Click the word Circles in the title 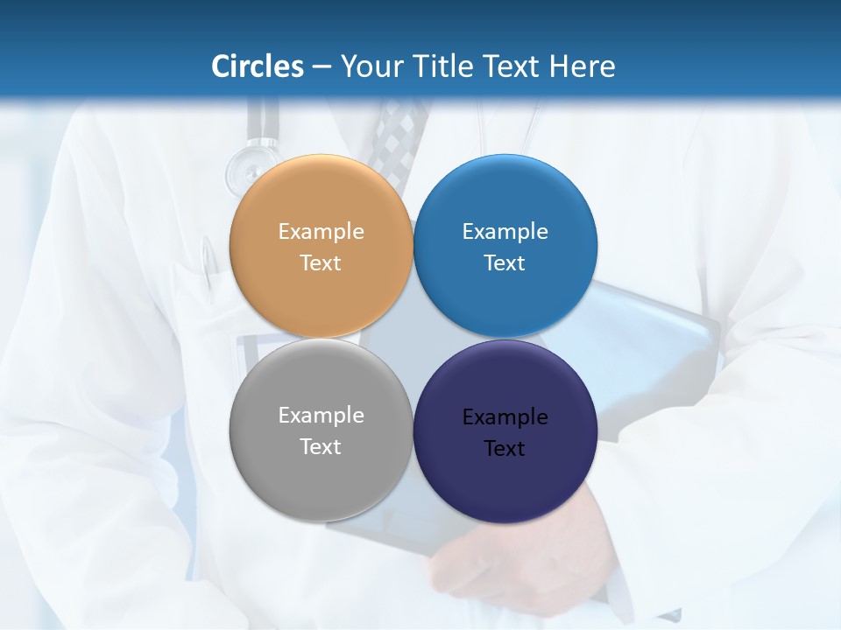pyautogui.click(x=258, y=66)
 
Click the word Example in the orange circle pyautogui.click(x=321, y=232)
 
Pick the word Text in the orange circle pyautogui.click(x=321, y=263)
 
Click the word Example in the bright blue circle pyautogui.click(x=505, y=232)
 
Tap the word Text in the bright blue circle pyautogui.click(x=505, y=263)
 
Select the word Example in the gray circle pyautogui.click(x=321, y=416)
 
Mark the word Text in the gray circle pyautogui.click(x=321, y=447)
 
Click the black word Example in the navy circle pyautogui.click(x=505, y=417)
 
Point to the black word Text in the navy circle pyautogui.click(x=505, y=449)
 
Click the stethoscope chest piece pyautogui.click(x=244, y=167)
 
